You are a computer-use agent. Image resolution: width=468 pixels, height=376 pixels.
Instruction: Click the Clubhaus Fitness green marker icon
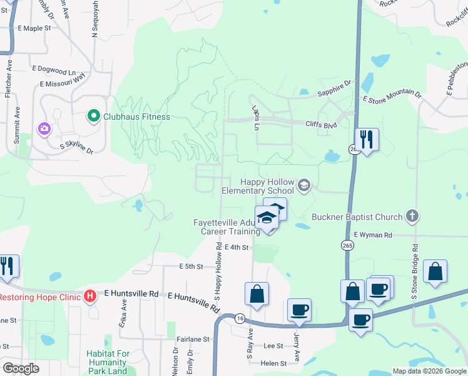pyautogui.click(x=93, y=117)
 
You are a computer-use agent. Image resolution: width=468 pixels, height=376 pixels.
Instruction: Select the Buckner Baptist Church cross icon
pyautogui.click(x=412, y=217)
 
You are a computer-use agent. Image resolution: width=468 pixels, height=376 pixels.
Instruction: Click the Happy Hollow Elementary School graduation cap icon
pyautogui.click(x=304, y=184)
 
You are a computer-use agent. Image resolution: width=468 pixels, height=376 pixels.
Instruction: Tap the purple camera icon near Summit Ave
pyautogui.click(x=44, y=129)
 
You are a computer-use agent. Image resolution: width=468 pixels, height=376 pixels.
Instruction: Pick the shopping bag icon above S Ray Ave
pyautogui.click(x=257, y=293)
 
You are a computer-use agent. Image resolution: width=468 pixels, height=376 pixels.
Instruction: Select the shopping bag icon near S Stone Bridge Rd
pyautogui.click(x=435, y=271)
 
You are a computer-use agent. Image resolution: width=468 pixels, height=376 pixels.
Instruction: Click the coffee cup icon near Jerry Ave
pyautogui.click(x=299, y=310)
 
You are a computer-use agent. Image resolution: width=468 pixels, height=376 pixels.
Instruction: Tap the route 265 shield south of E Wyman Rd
pyautogui.click(x=348, y=245)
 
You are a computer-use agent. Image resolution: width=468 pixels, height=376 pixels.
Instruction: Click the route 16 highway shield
pyautogui.click(x=240, y=318)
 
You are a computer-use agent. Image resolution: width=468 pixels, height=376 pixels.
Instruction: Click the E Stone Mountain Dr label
pyautogui.click(x=392, y=96)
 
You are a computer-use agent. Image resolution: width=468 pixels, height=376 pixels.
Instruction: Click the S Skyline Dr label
pyautogui.click(x=76, y=148)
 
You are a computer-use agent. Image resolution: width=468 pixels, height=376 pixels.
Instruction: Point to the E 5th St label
pyautogui.click(x=191, y=266)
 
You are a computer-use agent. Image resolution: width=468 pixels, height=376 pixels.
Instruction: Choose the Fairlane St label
pyautogui.click(x=192, y=339)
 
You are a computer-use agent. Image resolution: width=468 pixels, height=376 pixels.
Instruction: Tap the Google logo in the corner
pyautogui.click(x=21, y=368)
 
